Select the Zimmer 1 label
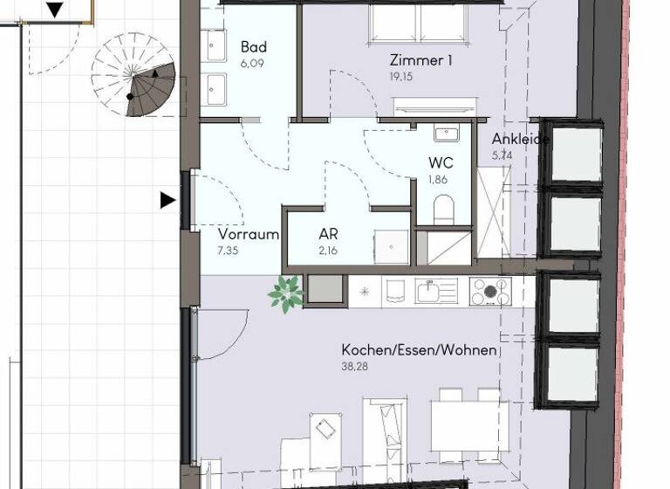[421, 60]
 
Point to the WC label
[440, 163]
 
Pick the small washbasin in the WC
[446, 134]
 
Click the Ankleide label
[521, 140]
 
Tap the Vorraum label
[249, 234]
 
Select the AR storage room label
[328, 234]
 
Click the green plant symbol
[284, 293]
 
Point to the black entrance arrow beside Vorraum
[167, 201]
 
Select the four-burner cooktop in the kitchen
[490, 291]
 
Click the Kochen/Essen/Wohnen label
[419, 350]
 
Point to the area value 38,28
[354, 367]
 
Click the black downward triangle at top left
[55, 10]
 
